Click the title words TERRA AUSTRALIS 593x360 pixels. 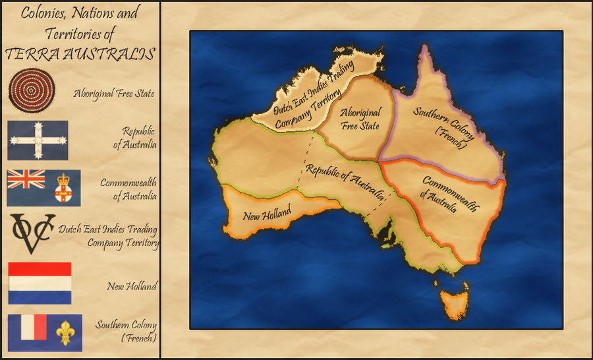[x=80, y=53]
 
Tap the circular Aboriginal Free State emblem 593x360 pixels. [x=32, y=90]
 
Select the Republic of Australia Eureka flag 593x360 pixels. [x=38, y=140]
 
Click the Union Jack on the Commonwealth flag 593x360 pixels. [x=26, y=179]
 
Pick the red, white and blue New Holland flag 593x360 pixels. [x=40, y=283]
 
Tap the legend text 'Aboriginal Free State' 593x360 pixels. [x=114, y=94]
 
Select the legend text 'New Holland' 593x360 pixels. [x=132, y=286]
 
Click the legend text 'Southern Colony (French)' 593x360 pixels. [x=126, y=331]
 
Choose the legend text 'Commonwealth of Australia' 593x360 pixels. [x=128, y=189]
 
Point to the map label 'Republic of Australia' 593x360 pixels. [x=345, y=181]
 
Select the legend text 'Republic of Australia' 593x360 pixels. [x=138, y=137]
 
